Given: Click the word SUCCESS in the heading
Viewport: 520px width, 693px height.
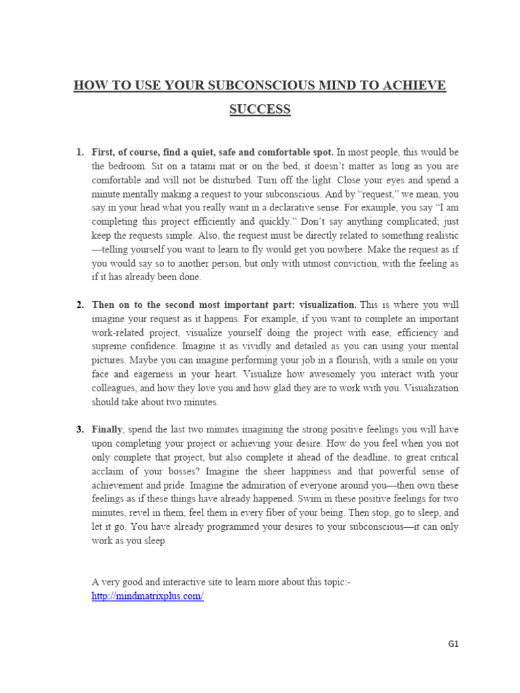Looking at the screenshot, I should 260,109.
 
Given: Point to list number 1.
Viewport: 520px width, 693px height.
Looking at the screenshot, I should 79,151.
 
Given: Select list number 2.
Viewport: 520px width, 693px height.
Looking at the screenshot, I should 79,305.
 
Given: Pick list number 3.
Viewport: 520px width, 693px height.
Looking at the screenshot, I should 79,429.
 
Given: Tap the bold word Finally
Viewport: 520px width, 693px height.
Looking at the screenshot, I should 106,429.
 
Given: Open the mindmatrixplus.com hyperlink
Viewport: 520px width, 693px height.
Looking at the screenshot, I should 148,596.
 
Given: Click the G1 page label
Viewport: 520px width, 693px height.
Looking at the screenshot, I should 453,644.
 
